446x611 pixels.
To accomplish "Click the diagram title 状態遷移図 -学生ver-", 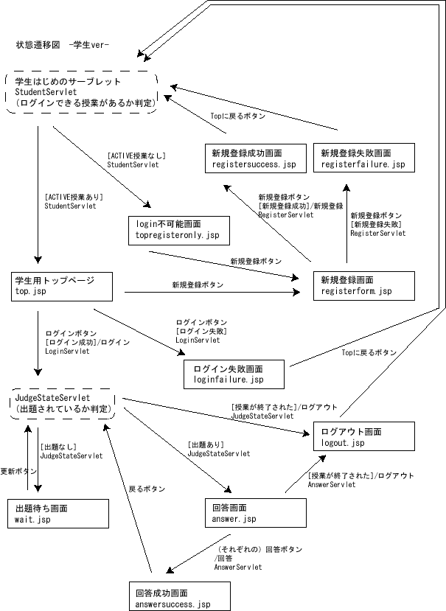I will tap(63, 45).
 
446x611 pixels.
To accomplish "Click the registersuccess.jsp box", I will tap(254, 158).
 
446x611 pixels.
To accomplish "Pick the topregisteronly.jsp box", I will tap(178, 230).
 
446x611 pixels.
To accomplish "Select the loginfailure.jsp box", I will tap(234, 374).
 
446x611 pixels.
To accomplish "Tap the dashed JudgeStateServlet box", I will tap(63, 404).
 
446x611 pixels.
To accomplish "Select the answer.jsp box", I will tap(254, 514).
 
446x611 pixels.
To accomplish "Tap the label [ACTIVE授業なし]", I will tap(136, 156).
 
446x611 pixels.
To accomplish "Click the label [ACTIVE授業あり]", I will tap(74, 197).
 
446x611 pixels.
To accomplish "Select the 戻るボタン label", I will tap(147, 489).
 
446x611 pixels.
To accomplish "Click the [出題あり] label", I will tap(206, 444).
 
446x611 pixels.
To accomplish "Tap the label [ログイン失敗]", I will tap(201, 332).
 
